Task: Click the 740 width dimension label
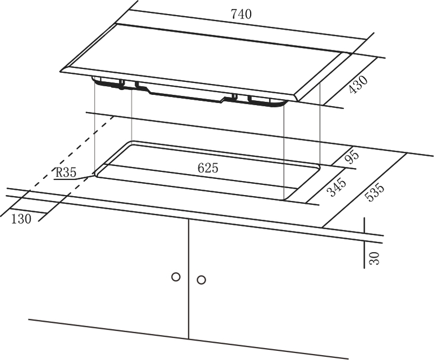[241, 14]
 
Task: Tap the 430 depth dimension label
[358, 85]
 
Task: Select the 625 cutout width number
[208, 168]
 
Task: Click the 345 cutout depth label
[336, 188]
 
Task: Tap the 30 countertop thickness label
[374, 258]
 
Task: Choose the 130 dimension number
[21, 219]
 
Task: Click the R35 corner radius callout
[66, 172]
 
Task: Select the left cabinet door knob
[176, 277]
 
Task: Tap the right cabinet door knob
[201, 280]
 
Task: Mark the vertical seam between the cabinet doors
[189, 279]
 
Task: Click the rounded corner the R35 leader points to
[95, 173]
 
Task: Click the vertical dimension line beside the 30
[365, 243]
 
